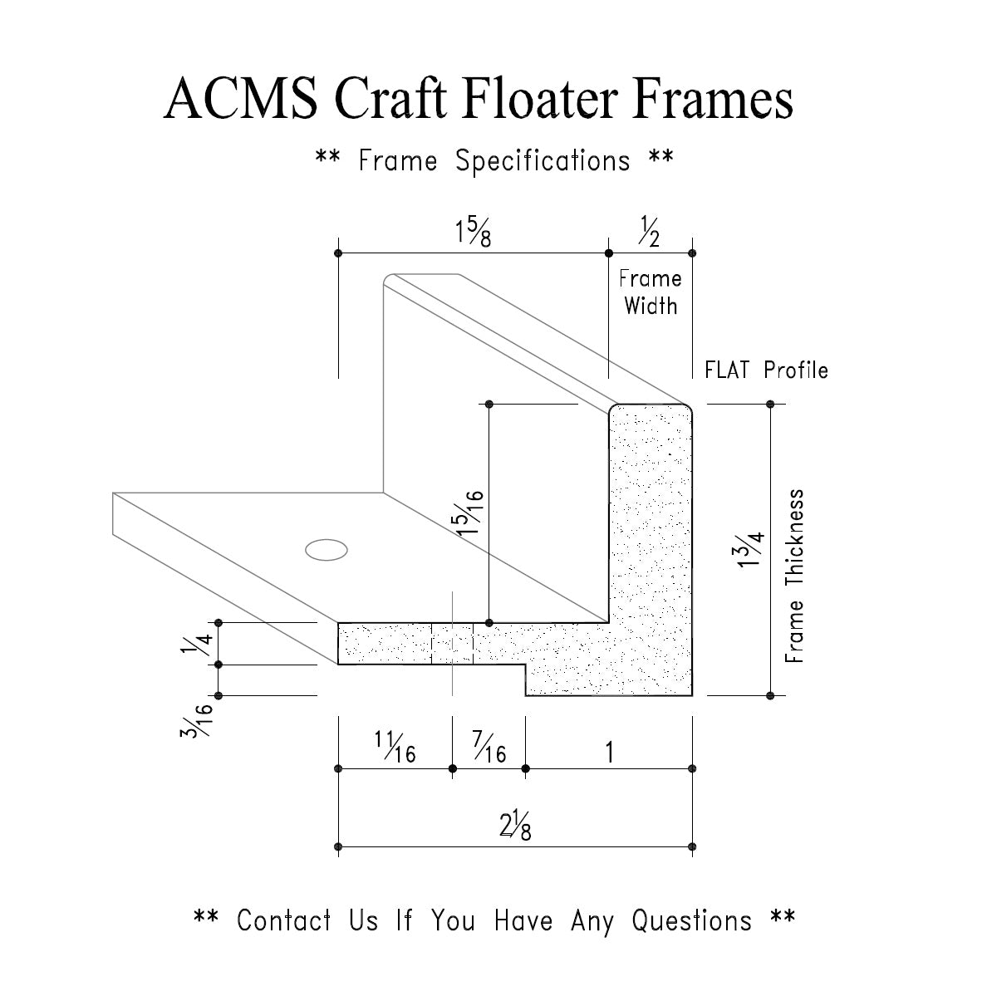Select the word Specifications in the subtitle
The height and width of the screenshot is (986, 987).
click(x=543, y=160)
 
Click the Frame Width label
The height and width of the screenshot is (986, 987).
click(x=650, y=292)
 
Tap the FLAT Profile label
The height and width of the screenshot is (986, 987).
click(x=766, y=370)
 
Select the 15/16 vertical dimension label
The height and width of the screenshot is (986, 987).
click(x=472, y=513)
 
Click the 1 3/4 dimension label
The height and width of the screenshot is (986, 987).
click(x=749, y=549)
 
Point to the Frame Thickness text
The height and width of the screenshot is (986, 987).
click(x=795, y=576)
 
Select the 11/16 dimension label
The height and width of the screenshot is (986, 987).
click(x=395, y=747)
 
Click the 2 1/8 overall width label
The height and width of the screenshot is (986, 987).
click(x=515, y=827)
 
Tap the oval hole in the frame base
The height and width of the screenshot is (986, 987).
click(x=326, y=549)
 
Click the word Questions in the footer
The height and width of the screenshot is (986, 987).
click(x=691, y=920)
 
